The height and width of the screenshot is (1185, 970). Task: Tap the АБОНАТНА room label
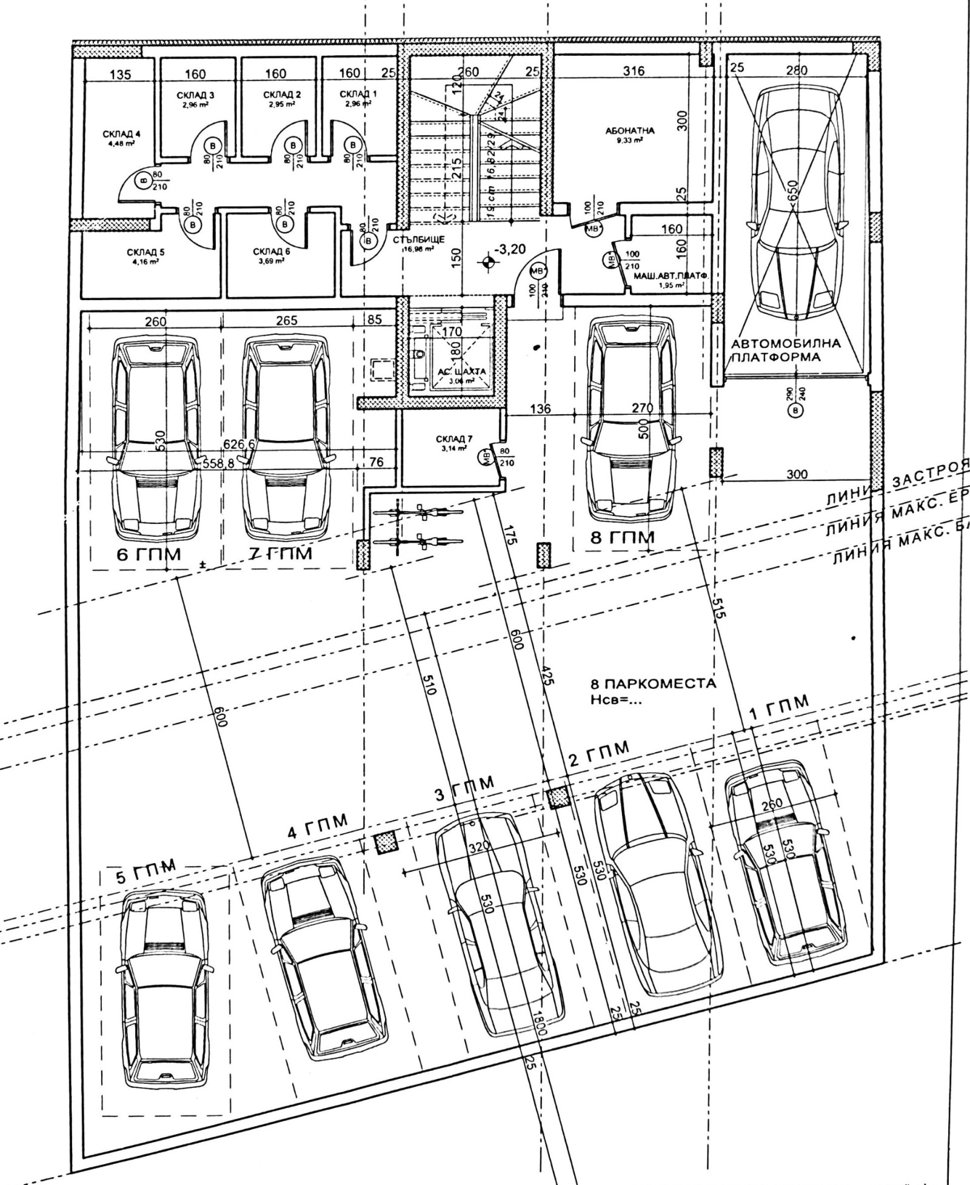[x=630, y=131]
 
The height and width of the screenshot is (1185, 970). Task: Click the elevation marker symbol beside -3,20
[x=486, y=261]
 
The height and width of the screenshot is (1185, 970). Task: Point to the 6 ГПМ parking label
[x=149, y=554]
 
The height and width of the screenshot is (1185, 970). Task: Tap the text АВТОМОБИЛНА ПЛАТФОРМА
[x=786, y=350]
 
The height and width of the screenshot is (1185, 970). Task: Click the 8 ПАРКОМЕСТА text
[x=653, y=683]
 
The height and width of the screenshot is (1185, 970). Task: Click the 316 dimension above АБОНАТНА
[x=634, y=71]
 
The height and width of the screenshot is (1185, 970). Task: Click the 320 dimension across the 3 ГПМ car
[x=479, y=849]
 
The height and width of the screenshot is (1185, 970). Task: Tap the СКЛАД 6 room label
[x=267, y=252]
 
